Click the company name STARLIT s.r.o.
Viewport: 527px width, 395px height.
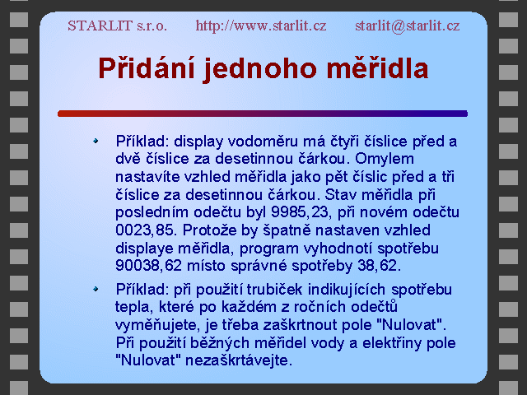click(117, 26)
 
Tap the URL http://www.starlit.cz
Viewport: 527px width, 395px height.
click(261, 26)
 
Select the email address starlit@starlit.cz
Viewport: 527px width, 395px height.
click(408, 26)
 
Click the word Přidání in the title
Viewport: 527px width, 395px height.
click(147, 68)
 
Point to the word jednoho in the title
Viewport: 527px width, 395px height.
click(260, 69)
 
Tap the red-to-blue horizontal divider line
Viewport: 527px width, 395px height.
click(263, 114)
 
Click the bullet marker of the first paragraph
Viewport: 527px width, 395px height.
click(96, 141)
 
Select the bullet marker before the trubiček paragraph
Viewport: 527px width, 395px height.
click(96, 289)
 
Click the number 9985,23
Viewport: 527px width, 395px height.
click(300, 212)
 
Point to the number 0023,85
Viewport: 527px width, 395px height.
click(144, 230)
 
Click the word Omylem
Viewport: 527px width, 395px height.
click(385, 159)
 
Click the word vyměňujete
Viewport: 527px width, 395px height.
click(154, 325)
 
